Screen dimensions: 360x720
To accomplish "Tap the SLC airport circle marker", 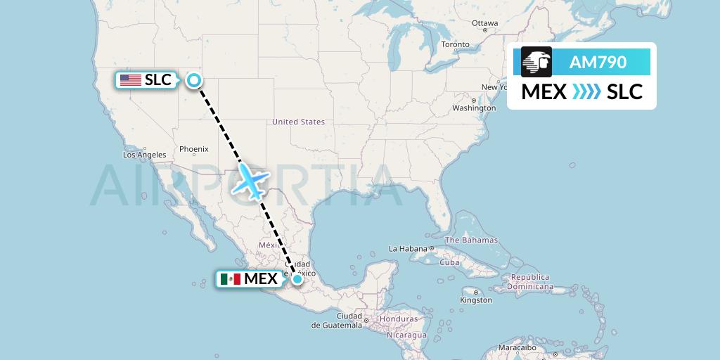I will click(194, 80).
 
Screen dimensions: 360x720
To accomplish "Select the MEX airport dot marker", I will click(298, 279).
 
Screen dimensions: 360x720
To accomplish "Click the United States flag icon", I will click(130, 80).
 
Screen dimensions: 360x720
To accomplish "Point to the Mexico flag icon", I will click(230, 279).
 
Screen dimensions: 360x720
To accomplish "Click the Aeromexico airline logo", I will click(536, 63).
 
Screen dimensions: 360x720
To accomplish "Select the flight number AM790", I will click(598, 63).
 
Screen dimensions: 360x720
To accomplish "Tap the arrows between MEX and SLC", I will click(586, 92).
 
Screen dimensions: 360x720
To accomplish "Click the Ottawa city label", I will click(484, 23).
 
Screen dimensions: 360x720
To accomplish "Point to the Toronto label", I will click(455, 44).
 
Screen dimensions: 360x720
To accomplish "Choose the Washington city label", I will click(474, 108).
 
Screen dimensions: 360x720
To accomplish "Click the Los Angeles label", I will click(144, 155).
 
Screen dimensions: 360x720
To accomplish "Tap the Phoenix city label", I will click(193, 149).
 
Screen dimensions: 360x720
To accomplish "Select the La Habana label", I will click(408, 249).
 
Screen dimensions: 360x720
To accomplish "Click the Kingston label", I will click(476, 300).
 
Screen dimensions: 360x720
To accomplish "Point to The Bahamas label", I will click(471, 240).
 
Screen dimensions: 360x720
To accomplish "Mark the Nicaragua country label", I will click(406, 335).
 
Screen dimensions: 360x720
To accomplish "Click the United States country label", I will click(298, 122).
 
